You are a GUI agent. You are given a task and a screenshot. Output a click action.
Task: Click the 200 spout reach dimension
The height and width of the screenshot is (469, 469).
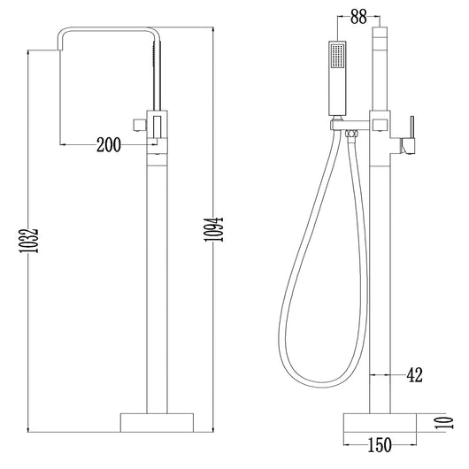coord(109,145)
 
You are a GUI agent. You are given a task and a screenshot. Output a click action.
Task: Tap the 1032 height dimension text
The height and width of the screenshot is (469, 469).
coord(28,241)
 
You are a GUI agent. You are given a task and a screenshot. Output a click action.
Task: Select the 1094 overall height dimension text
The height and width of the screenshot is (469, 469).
coord(213,229)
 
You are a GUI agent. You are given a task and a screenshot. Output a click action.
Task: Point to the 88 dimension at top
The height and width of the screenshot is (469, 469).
coord(358,17)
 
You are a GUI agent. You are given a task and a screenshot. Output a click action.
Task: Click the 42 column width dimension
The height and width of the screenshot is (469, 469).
coord(414,375)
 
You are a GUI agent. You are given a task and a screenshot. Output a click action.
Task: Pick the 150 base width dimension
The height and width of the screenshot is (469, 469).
coord(380,445)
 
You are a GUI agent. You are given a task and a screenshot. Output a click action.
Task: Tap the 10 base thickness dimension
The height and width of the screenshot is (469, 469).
coord(444,423)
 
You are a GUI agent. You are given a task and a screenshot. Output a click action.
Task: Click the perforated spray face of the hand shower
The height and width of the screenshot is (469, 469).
coord(338,56)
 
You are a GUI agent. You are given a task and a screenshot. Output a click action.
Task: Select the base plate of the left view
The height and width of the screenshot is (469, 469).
coord(157,423)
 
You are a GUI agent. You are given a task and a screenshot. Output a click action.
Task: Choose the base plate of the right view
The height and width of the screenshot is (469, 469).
coord(380,423)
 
